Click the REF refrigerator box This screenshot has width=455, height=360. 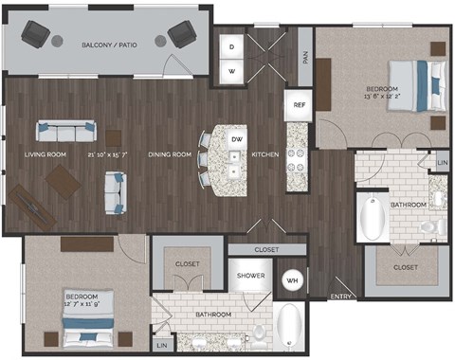[x=299, y=105]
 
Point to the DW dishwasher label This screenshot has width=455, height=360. [x=236, y=138]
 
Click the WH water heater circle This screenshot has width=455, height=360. [x=293, y=280]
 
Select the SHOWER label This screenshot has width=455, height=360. [x=249, y=277]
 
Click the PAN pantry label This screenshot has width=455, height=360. [x=304, y=56]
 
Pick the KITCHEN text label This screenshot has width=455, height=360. [x=264, y=154]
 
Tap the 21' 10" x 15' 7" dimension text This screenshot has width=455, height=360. [x=113, y=154]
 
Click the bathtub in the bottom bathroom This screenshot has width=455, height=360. [x=291, y=326]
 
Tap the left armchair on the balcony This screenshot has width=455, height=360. [x=36, y=37]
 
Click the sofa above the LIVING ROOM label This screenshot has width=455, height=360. [x=65, y=132]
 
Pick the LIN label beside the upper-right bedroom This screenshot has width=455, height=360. [x=441, y=164]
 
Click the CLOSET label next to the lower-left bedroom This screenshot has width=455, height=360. [x=187, y=263]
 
